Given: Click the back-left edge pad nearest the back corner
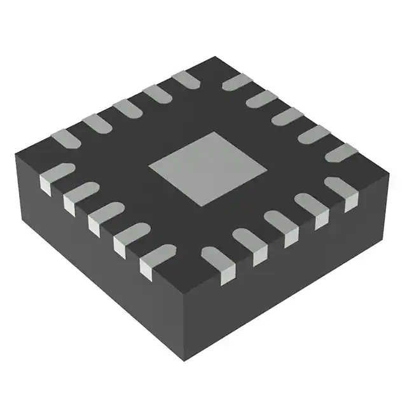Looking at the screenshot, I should [185, 79].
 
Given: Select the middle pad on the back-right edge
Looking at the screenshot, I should [287, 116].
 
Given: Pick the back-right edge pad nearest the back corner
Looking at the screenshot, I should [237, 82].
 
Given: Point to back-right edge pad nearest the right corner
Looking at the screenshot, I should [341, 152].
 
